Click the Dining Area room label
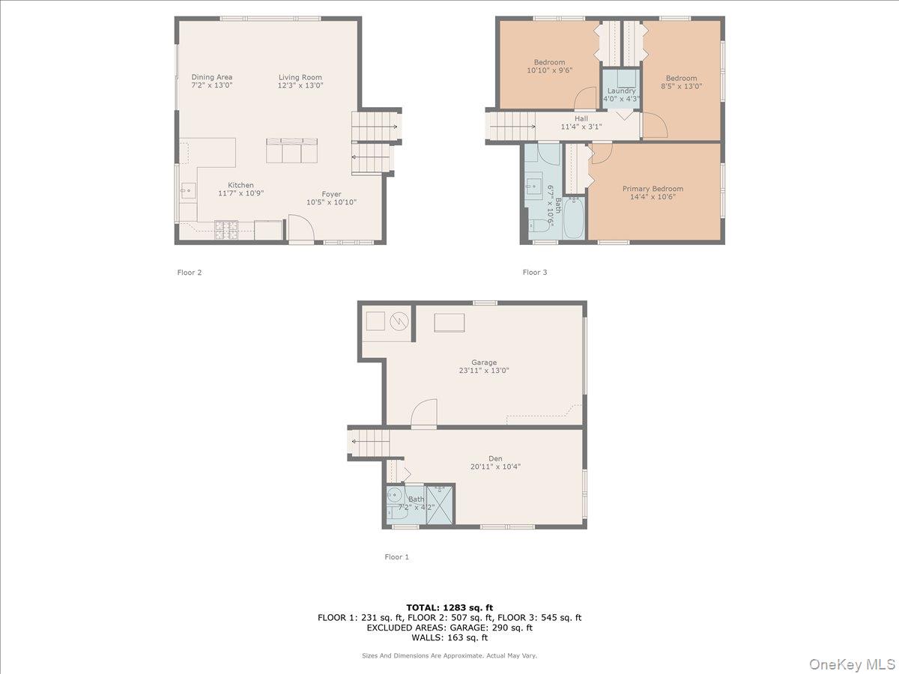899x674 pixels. [212, 81]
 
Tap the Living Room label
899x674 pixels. [300, 81]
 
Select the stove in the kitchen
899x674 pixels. [226, 230]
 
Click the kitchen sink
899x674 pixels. [188, 191]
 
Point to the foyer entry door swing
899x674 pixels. [301, 228]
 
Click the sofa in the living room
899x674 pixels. [291, 151]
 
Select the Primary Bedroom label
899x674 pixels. [653, 192]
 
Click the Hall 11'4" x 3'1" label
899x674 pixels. [581, 123]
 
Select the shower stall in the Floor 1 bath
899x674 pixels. [440, 504]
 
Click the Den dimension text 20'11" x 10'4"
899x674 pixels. [495, 467]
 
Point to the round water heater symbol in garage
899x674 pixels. [399, 321]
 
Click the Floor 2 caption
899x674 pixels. [190, 273]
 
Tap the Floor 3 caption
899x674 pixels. [534, 273]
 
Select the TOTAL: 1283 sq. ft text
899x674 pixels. [449, 607]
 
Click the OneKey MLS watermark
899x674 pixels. [853, 664]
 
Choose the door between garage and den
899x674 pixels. [424, 413]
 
